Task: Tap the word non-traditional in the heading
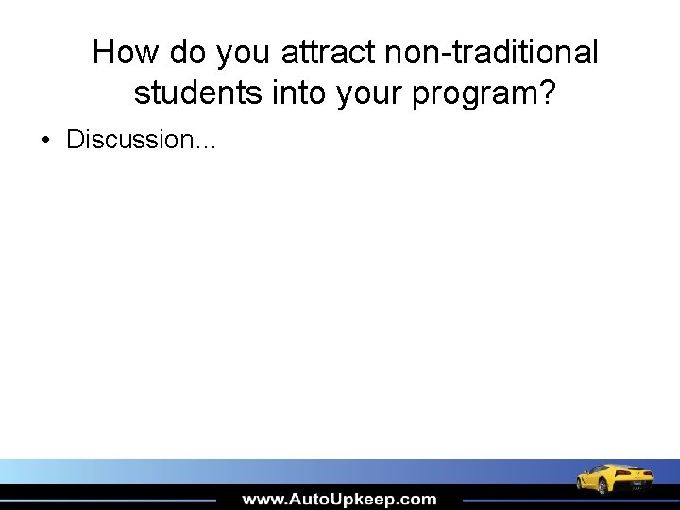coord(491,52)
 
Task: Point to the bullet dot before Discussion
coord(45,141)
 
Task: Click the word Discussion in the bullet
coord(128,140)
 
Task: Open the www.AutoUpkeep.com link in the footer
coord(339,499)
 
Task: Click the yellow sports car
coord(615,478)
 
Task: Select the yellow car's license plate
coord(637,484)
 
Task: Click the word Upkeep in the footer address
coord(363,500)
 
